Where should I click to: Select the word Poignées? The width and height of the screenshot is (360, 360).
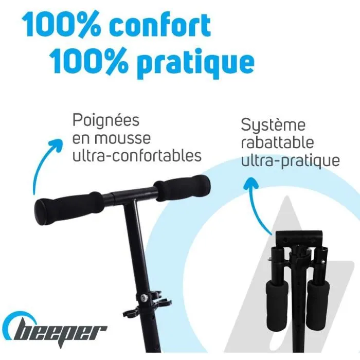[106, 121]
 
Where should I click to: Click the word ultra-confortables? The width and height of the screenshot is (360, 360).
[137, 155]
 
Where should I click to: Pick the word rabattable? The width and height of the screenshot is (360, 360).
[277, 142]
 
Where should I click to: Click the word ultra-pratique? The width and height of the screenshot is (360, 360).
[291, 160]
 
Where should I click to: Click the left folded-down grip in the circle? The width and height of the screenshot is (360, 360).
[278, 298]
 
